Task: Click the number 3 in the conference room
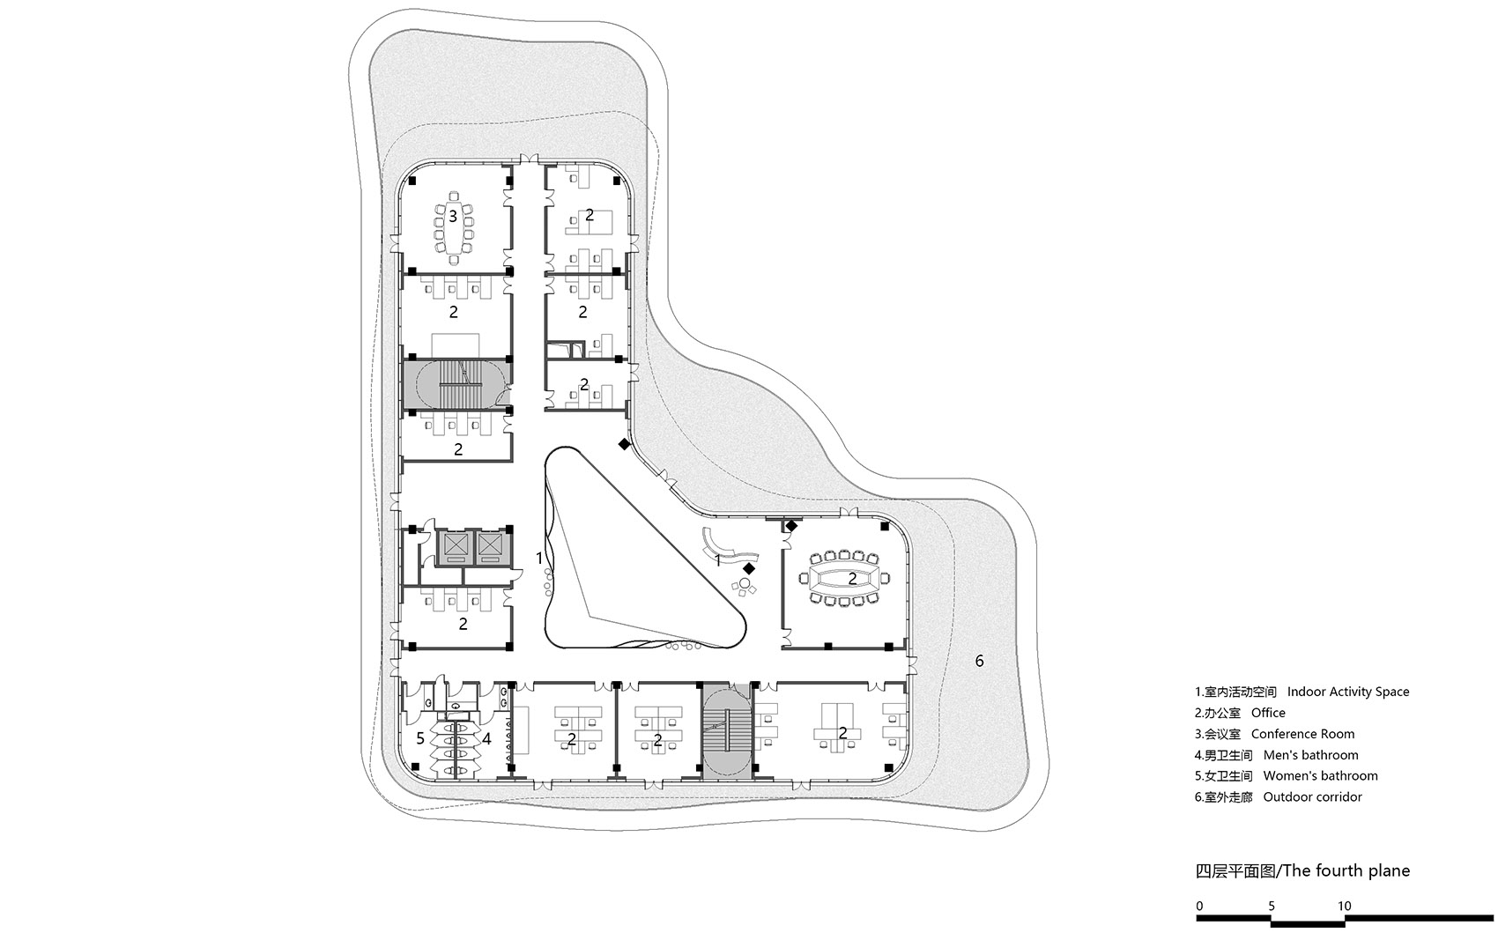click(x=453, y=216)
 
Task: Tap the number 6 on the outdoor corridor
click(x=979, y=661)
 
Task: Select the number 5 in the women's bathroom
click(x=420, y=738)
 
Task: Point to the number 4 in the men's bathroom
click(x=486, y=739)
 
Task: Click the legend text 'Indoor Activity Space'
click(x=1348, y=692)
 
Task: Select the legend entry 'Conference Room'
click(x=1302, y=734)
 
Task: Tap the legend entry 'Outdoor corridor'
click(x=1313, y=796)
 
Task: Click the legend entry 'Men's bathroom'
click(x=1311, y=755)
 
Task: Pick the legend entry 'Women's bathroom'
click(x=1321, y=776)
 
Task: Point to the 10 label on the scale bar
click(x=1344, y=907)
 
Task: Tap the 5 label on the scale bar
click(x=1272, y=907)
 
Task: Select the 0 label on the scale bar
click(x=1199, y=907)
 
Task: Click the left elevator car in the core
click(x=455, y=548)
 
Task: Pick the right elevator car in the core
click(x=490, y=548)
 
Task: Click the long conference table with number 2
click(x=844, y=579)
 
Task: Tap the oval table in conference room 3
click(x=454, y=226)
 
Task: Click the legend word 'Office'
click(x=1268, y=713)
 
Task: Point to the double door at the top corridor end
click(x=530, y=159)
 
